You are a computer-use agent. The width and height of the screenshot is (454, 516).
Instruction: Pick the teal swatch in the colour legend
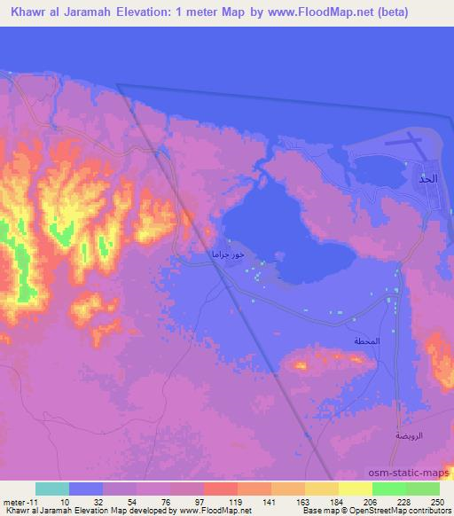[x=52, y=489]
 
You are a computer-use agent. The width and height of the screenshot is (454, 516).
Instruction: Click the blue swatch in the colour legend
[x=86, y=489]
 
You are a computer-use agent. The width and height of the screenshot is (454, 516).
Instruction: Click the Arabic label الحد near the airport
[x=428, y=178]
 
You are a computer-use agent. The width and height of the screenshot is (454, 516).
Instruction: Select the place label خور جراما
[x=226, y=255]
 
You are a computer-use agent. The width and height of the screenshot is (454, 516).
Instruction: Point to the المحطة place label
[x=367, y=341]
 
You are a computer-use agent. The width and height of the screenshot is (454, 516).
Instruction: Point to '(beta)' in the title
[x=419, y=12]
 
